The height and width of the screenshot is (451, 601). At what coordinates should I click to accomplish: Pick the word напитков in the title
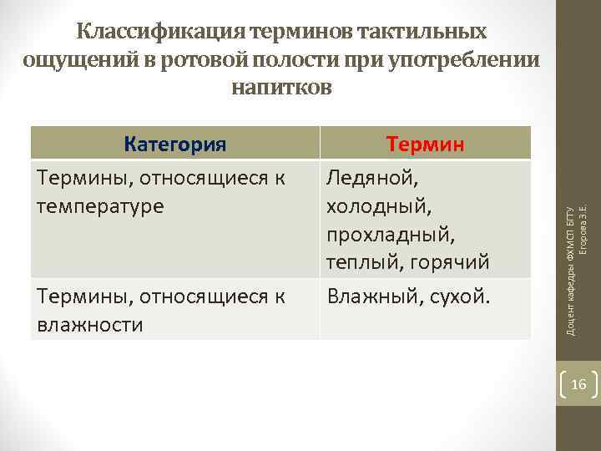click(x=280, y=87)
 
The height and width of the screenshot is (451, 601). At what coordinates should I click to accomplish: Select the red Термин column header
click(x=425, y=144)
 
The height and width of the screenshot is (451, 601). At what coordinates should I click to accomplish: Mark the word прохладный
click(x=391, y=235)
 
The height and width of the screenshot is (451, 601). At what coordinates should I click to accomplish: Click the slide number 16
click(x=578, y=385)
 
